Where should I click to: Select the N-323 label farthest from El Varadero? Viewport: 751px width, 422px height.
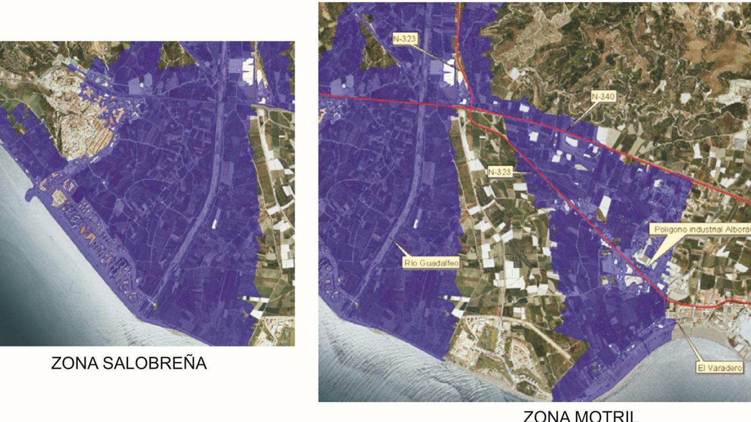(404, 39)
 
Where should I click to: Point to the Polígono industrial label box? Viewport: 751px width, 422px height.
(700, 229)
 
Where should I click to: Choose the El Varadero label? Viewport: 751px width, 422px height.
(720, 368)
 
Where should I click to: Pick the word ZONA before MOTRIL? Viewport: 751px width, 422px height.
(544, 416)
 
